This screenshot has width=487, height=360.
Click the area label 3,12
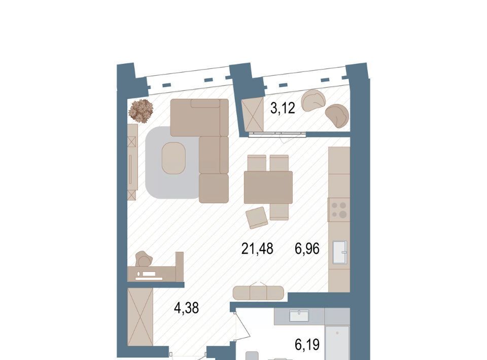click(283, 109)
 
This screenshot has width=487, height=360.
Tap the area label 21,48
click(257, 248)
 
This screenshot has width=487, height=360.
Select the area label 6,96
click(307, 248)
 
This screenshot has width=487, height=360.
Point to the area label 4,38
click(186, 308)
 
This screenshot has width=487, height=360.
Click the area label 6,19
click(307, 344)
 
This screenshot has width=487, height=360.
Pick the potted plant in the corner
click(141, 111)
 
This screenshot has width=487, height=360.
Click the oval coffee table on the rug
click(173, 158)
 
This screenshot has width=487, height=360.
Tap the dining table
click(268, 187)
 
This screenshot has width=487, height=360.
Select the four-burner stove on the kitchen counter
click(339, 210)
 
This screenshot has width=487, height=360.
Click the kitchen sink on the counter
click(340, 252)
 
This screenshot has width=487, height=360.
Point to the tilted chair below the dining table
click(257, 218)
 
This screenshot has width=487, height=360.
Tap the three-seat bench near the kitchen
click(258, 293)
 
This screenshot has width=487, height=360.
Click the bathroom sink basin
click(299, 316)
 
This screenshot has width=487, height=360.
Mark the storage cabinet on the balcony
click(253, 114)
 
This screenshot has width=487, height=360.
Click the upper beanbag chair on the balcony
click(314, 101)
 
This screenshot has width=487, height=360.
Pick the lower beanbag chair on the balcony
click(337, 116)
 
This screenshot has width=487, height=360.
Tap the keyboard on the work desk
click(149, 273)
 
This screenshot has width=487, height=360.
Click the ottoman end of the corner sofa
click(214, 189)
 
